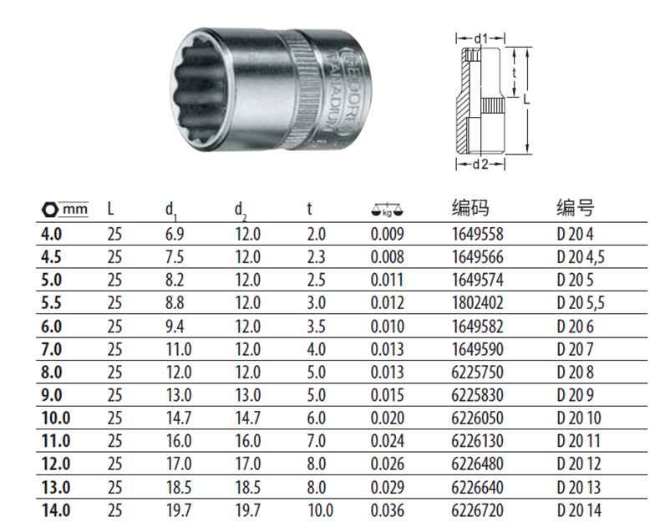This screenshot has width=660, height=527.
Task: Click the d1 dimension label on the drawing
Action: point(480,38)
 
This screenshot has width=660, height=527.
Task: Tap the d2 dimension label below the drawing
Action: point(480,165)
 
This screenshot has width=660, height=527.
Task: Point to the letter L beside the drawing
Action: point(526,99)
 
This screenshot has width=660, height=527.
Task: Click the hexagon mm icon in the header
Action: point(65,209)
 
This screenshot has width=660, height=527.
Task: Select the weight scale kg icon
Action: point(388,210)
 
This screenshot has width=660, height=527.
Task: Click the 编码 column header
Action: point(470,208)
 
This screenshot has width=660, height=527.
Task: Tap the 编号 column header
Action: point(576,208)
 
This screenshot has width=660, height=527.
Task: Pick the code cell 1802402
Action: point(478,303)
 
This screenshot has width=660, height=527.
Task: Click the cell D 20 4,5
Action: point(581,257)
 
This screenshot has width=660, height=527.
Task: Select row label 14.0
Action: point(56,510)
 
